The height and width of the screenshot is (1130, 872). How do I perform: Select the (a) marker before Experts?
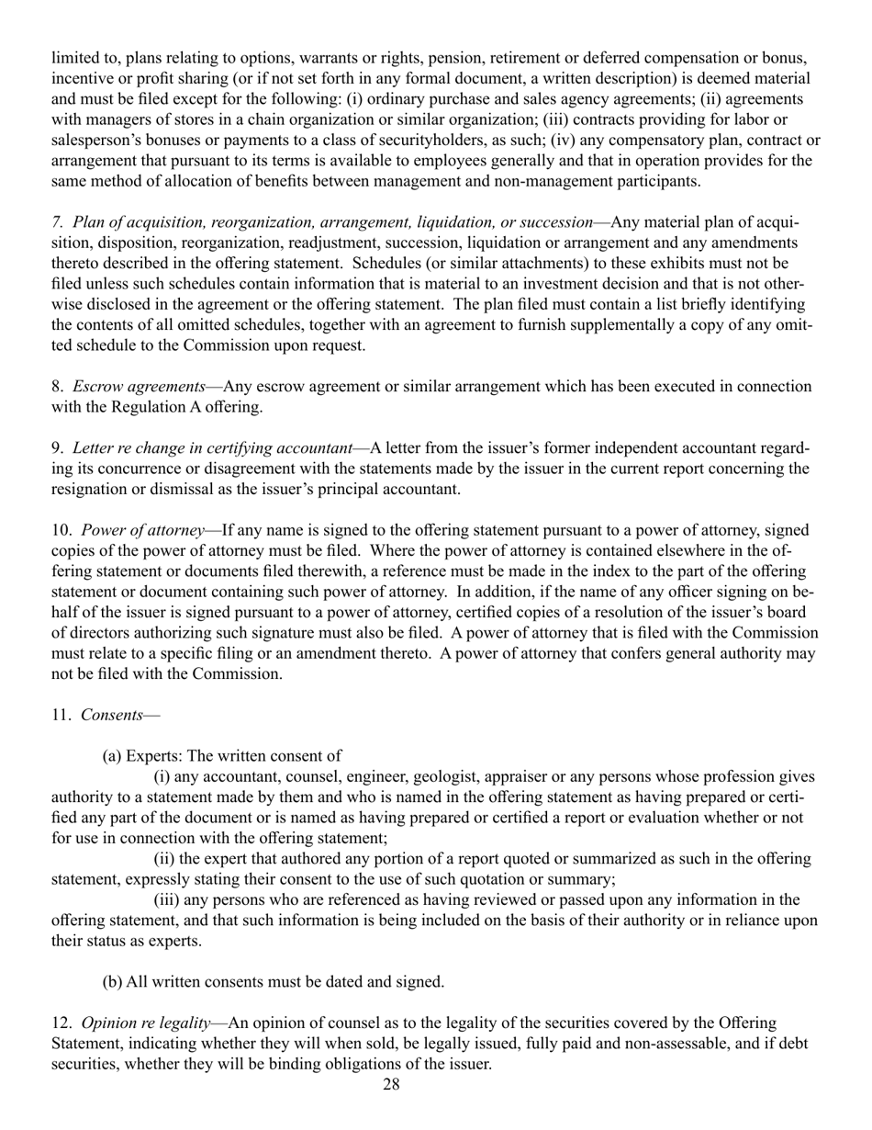pyautogui.click(x=112, y=756)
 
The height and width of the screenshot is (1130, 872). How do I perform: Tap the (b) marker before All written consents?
pyautogui.click(x=112, y=981)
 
